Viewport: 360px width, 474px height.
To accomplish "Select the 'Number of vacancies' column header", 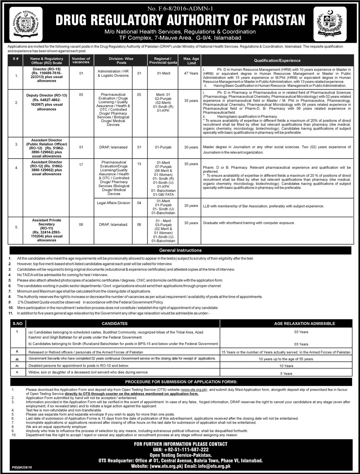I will (x=81, y=60).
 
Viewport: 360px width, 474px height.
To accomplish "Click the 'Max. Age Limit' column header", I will (x=191, y=60).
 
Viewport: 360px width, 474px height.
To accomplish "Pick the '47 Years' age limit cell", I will (x=191, y=73).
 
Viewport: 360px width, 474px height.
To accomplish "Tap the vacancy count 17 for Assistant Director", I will (x=81, y=165).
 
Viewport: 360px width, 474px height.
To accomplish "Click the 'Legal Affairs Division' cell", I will (x=113, y=203).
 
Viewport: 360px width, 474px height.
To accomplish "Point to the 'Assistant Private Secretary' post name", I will (x=46, y=220).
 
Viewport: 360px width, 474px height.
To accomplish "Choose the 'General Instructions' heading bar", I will (x=180, y=250).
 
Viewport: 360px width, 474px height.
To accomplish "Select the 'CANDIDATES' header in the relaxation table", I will (x=120, y=324).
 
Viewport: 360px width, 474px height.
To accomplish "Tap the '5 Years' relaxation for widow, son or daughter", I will (x=287, y=374).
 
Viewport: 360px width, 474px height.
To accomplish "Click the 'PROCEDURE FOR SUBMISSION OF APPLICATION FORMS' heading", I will (x=180, y=382).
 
